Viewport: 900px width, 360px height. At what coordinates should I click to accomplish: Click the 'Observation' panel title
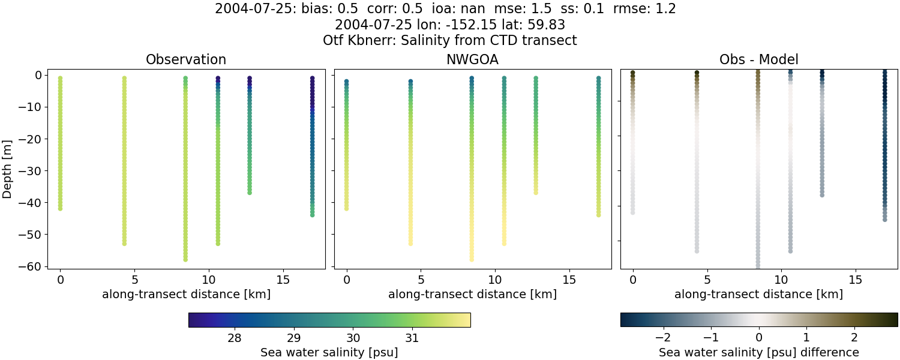(186, 59)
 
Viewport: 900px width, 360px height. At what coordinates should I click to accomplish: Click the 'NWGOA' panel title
(472, 59)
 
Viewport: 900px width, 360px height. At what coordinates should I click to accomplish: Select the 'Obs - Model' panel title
(758, 59)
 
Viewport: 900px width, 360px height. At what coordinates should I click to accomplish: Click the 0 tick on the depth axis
(37, 76)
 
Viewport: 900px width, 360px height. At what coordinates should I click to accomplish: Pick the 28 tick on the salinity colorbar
(235, 338)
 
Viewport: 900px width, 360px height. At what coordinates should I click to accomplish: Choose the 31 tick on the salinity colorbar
(412, 338)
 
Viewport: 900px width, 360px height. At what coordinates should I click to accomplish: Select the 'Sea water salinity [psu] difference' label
(759, 352)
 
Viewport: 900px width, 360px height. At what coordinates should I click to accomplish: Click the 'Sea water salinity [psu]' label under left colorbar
(329, 352)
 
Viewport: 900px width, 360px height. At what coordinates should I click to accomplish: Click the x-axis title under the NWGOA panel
(472, 295)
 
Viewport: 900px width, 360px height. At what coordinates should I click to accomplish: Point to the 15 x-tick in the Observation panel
(283, 280)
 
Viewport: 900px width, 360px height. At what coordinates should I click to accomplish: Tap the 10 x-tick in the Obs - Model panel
(781, 280)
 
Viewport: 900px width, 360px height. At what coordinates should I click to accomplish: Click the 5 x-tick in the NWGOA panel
(421, 280)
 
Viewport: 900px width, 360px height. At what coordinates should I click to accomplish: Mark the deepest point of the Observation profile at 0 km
(60, 208)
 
